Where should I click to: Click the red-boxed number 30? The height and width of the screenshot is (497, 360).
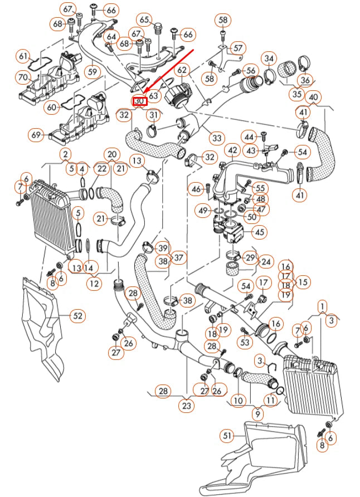(139, 102)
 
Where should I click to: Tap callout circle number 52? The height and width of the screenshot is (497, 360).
(77, 316)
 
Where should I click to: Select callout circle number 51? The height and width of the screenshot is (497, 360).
(226, 435)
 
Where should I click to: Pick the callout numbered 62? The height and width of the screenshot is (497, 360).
(182, 70)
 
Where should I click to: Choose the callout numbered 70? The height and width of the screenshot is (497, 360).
(23, 77)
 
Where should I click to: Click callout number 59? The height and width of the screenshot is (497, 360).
(93, 72)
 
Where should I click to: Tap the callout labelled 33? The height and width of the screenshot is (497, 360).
(216, 137)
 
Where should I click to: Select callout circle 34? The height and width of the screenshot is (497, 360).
(270, 58)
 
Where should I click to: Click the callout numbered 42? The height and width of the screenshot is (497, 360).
(232, 150)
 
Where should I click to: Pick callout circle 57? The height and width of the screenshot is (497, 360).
(238, 48)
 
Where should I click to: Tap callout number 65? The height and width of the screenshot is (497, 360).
(145, 20)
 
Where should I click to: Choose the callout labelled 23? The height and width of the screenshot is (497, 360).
(187, 406)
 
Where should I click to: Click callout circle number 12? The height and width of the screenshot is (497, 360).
(94, 283)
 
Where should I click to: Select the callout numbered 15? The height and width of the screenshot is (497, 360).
(303, 282)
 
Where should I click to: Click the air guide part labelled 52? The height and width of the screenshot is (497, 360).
(45, 329)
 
